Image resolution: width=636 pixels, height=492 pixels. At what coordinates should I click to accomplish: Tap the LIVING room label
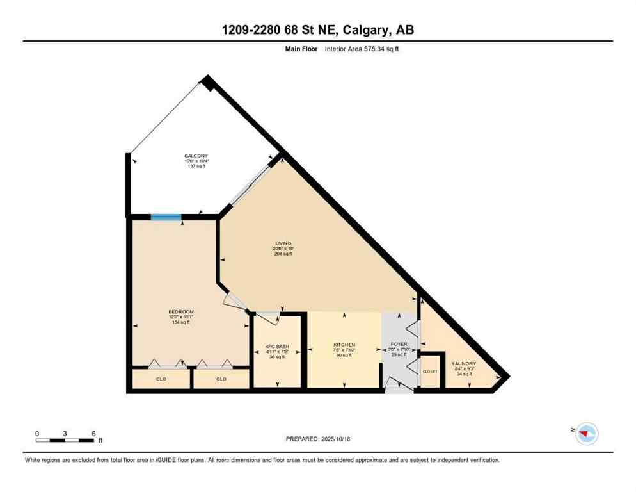[x=283, y=243]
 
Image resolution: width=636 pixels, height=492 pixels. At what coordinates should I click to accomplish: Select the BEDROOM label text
[x=181, y=311]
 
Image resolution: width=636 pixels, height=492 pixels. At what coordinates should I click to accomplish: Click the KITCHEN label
[x=344, y=345]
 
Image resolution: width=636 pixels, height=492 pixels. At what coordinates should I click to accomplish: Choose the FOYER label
[x=399, y=345]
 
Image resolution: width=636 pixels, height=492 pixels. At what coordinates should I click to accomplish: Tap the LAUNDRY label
[x=463, y=363]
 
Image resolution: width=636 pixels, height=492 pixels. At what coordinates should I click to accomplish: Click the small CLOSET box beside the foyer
[x=430, y=371]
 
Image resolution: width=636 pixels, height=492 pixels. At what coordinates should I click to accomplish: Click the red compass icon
[x=585, y=434]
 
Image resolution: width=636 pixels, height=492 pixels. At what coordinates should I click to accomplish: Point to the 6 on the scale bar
[x=93, y=433]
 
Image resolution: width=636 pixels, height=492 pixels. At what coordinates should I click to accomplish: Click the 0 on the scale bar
[x=37, y=433]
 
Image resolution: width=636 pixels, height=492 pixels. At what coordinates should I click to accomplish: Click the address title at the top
[x=317, y=30]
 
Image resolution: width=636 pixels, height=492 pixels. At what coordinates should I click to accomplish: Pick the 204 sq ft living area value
[x=283, y=254]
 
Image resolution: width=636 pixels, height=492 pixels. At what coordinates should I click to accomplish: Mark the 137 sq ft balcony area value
[x=196, y=167]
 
